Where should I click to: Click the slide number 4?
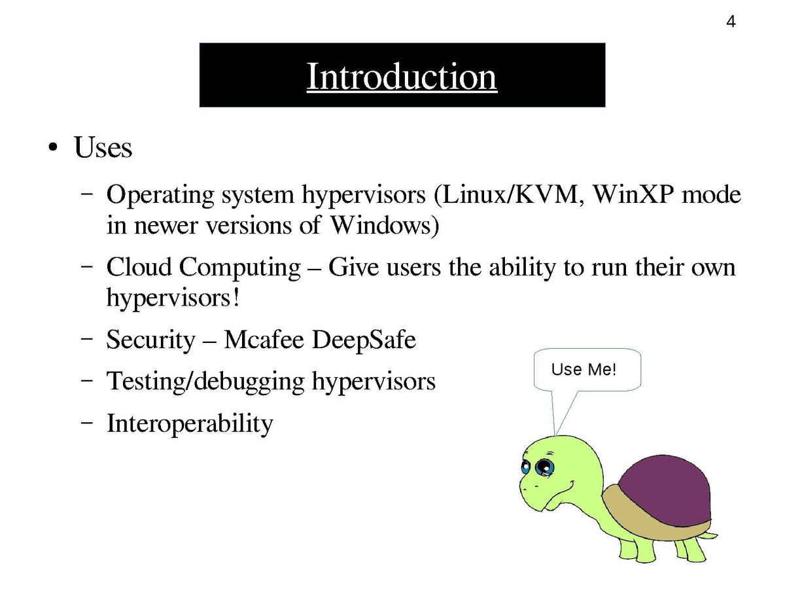click(x=731, y=22)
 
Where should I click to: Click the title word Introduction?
click(x=402, y=77)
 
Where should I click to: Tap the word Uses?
click(x=103, y=148)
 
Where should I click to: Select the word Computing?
click(x=239, y=268)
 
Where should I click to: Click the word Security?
click(x=150, y=341)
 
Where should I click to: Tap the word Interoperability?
click(x=189, y=423)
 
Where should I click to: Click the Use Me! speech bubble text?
click(x=584, y=370)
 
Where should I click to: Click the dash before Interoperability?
click(x=86, y=423)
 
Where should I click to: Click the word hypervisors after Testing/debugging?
click(x=374, y=382)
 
